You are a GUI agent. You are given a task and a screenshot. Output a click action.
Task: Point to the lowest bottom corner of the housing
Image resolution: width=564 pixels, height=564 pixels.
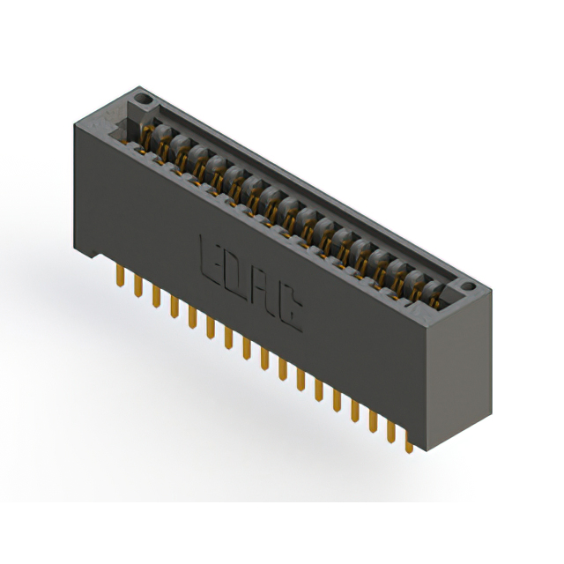click(431, 450)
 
